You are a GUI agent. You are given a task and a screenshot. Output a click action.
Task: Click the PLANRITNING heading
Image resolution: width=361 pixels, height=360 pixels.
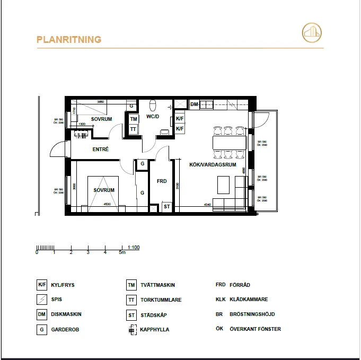(68, 40)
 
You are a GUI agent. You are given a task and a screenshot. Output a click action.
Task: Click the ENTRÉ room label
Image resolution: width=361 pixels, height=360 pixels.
(100, 150)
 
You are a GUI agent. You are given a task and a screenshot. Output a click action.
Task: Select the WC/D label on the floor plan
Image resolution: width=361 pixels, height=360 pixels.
(153, 116)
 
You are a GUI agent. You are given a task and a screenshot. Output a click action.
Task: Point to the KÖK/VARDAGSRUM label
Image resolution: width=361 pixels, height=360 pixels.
(212, 165)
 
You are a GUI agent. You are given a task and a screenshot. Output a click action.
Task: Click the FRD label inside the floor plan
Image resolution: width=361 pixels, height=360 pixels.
(162, 181)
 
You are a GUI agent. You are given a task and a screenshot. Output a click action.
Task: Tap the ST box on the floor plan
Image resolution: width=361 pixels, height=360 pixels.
(166, 207)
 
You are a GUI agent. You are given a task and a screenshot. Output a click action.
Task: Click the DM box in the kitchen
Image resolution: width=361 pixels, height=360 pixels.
(194, 105)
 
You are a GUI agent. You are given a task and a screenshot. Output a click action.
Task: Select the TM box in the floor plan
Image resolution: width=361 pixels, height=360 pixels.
(134, 119)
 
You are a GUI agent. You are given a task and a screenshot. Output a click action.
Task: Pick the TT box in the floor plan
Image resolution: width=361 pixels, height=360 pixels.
(134, 129)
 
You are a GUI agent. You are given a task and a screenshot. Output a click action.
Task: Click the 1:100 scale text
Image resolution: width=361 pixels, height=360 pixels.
(134, 248)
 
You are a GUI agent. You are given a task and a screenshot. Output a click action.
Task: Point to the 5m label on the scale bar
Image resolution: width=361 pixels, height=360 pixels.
(122, 253)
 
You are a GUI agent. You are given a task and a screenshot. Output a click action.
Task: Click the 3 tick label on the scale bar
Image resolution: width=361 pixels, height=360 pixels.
(88, 253)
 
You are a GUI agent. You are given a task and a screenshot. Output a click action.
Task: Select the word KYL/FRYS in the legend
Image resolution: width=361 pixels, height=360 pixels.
(63, 285)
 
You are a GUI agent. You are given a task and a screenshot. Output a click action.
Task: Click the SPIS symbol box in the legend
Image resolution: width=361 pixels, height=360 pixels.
(41, 300)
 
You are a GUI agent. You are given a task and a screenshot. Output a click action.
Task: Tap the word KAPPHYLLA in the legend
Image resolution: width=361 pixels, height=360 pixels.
(155, 329)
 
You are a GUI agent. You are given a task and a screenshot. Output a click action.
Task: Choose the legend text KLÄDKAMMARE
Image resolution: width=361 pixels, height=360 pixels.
(249, 300)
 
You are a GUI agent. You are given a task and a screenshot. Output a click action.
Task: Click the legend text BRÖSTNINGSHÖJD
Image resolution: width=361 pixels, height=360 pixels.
(252, 314)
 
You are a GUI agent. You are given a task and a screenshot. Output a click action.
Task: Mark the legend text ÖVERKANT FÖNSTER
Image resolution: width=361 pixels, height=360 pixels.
(255, 329)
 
